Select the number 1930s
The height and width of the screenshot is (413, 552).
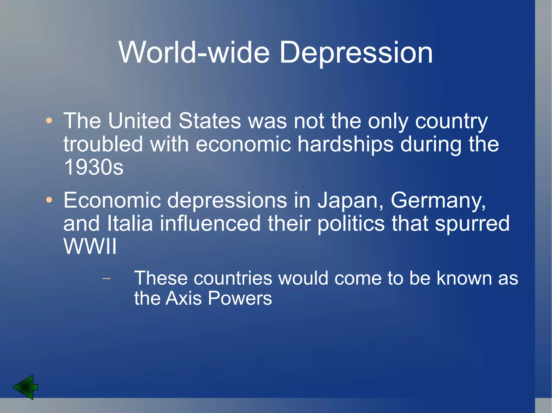94,167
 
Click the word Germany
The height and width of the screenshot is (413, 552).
438,200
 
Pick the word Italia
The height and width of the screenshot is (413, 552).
130,223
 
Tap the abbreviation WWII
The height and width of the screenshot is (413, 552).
90,246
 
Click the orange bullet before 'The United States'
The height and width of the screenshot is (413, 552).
49,121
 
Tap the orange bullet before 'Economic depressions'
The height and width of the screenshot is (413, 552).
49,200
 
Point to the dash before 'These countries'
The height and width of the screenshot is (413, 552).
107,278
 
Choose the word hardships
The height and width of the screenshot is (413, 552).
345,144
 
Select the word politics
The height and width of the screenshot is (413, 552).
351,223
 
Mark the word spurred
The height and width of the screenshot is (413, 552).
472,223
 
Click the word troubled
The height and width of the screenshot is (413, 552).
103,144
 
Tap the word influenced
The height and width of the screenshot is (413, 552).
210,223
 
